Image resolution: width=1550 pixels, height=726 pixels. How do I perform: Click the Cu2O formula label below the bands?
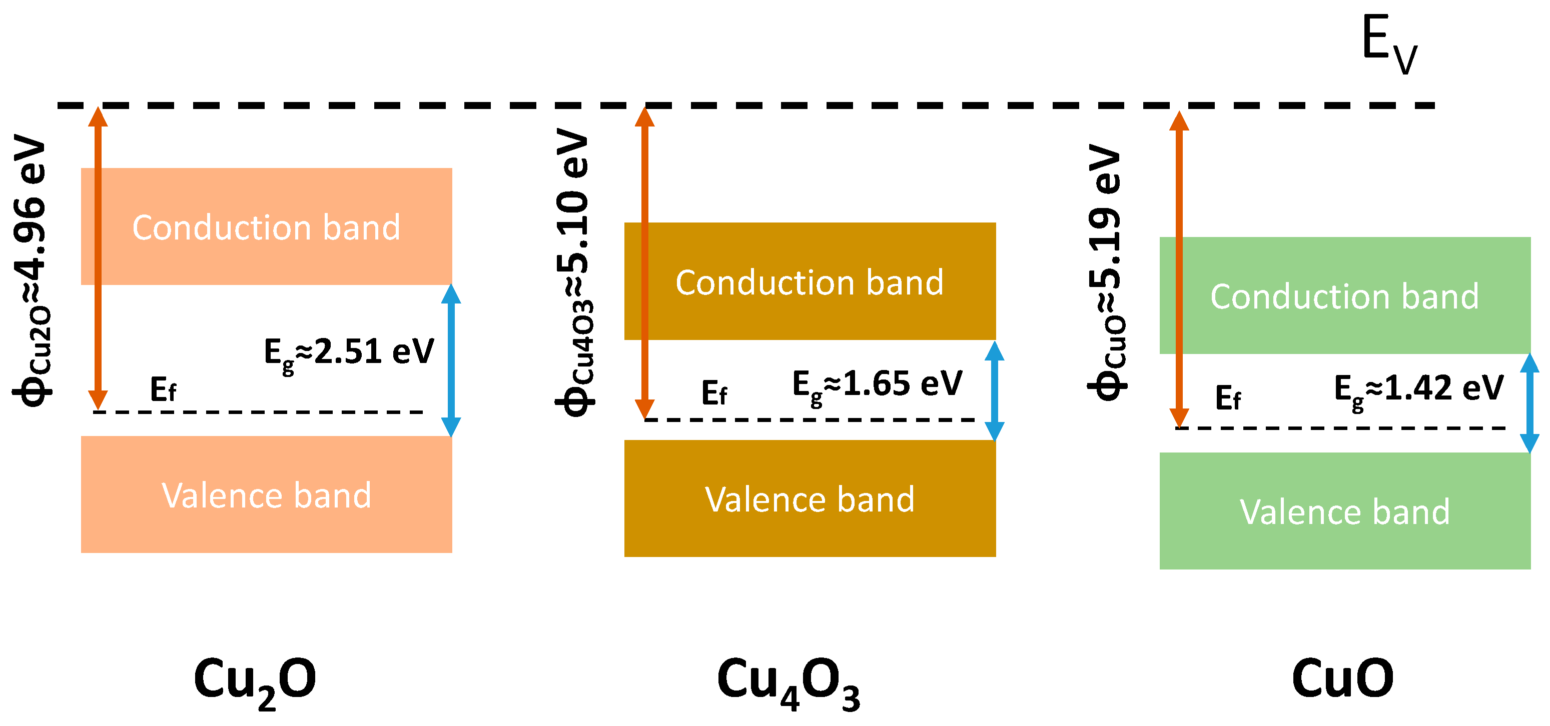[x=255, y=681]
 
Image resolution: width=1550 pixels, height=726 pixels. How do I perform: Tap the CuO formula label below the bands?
[x=1342, y=678]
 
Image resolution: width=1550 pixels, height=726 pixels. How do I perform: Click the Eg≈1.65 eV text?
[x=877, y=385]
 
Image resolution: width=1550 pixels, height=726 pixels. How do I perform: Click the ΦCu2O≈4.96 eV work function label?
[x=32, y=270]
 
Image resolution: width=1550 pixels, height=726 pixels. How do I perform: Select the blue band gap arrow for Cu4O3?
[x=994, y=391]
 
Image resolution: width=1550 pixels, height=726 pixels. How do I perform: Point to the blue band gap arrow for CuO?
[x=1529, y=403]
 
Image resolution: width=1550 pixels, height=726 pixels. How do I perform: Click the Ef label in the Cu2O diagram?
[x=163, y=390]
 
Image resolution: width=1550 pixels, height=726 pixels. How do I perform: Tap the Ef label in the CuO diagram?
[x=1227, y=398]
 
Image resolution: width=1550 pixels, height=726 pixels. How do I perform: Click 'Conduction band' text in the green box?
[x=1344, y=296]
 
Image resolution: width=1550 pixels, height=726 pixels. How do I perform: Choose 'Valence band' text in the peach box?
[x=267, y=495]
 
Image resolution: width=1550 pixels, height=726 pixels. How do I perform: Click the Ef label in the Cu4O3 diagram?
[x=714, y=394]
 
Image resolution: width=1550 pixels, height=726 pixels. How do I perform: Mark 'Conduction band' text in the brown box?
[x=810, y=282]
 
